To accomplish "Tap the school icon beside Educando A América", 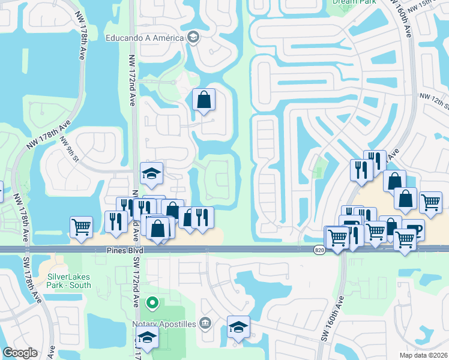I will pos(193,37).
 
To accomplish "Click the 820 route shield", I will pos(319,250).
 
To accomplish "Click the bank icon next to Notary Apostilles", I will pos(205,323).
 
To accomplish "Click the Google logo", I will pos(20,353).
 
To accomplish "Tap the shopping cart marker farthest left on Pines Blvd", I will pos(81,226).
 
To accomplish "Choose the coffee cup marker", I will pos(413,229).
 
